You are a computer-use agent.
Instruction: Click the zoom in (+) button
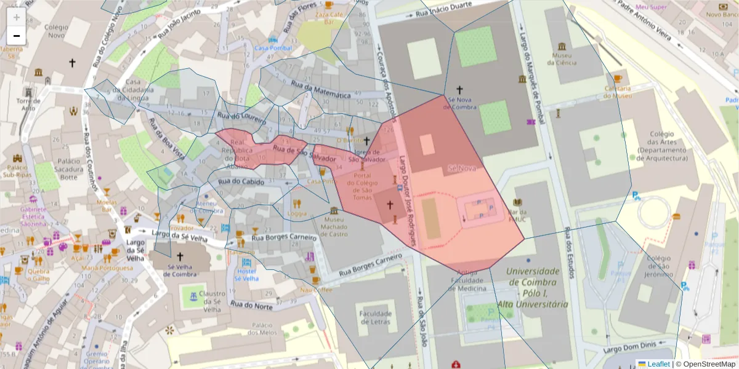coord(16,17)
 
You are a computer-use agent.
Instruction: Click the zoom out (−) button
coord(16,36)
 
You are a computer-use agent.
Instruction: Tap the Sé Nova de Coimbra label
coord(460,103)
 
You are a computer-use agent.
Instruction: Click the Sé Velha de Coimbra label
coord(180,270)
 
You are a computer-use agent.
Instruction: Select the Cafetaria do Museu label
coord(618,92)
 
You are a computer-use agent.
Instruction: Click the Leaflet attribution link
coord(658,363)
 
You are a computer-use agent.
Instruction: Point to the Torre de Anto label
coord(28,104)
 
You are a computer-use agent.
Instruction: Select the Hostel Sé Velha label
coord(246,274)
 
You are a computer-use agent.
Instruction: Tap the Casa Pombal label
coord(273,48)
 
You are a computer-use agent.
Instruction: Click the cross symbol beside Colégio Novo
coord(72,62)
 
